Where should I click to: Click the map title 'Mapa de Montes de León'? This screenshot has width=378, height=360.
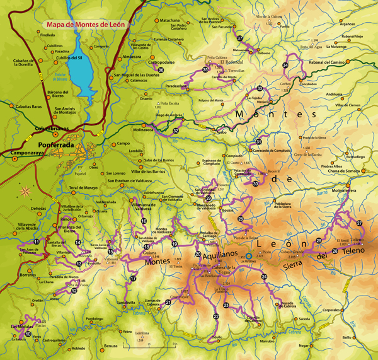[x=84, y=25]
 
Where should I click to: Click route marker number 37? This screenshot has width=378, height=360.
[x=240, y=39]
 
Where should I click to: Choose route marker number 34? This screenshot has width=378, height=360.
[x=285, y=65]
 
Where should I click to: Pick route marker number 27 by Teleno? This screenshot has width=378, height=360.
[x=360, y=223]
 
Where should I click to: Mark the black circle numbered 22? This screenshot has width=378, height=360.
[x=216, y=316]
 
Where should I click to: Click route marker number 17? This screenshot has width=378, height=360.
[x=134, y=278]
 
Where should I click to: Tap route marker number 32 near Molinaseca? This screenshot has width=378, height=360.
[x=176, y=131]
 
